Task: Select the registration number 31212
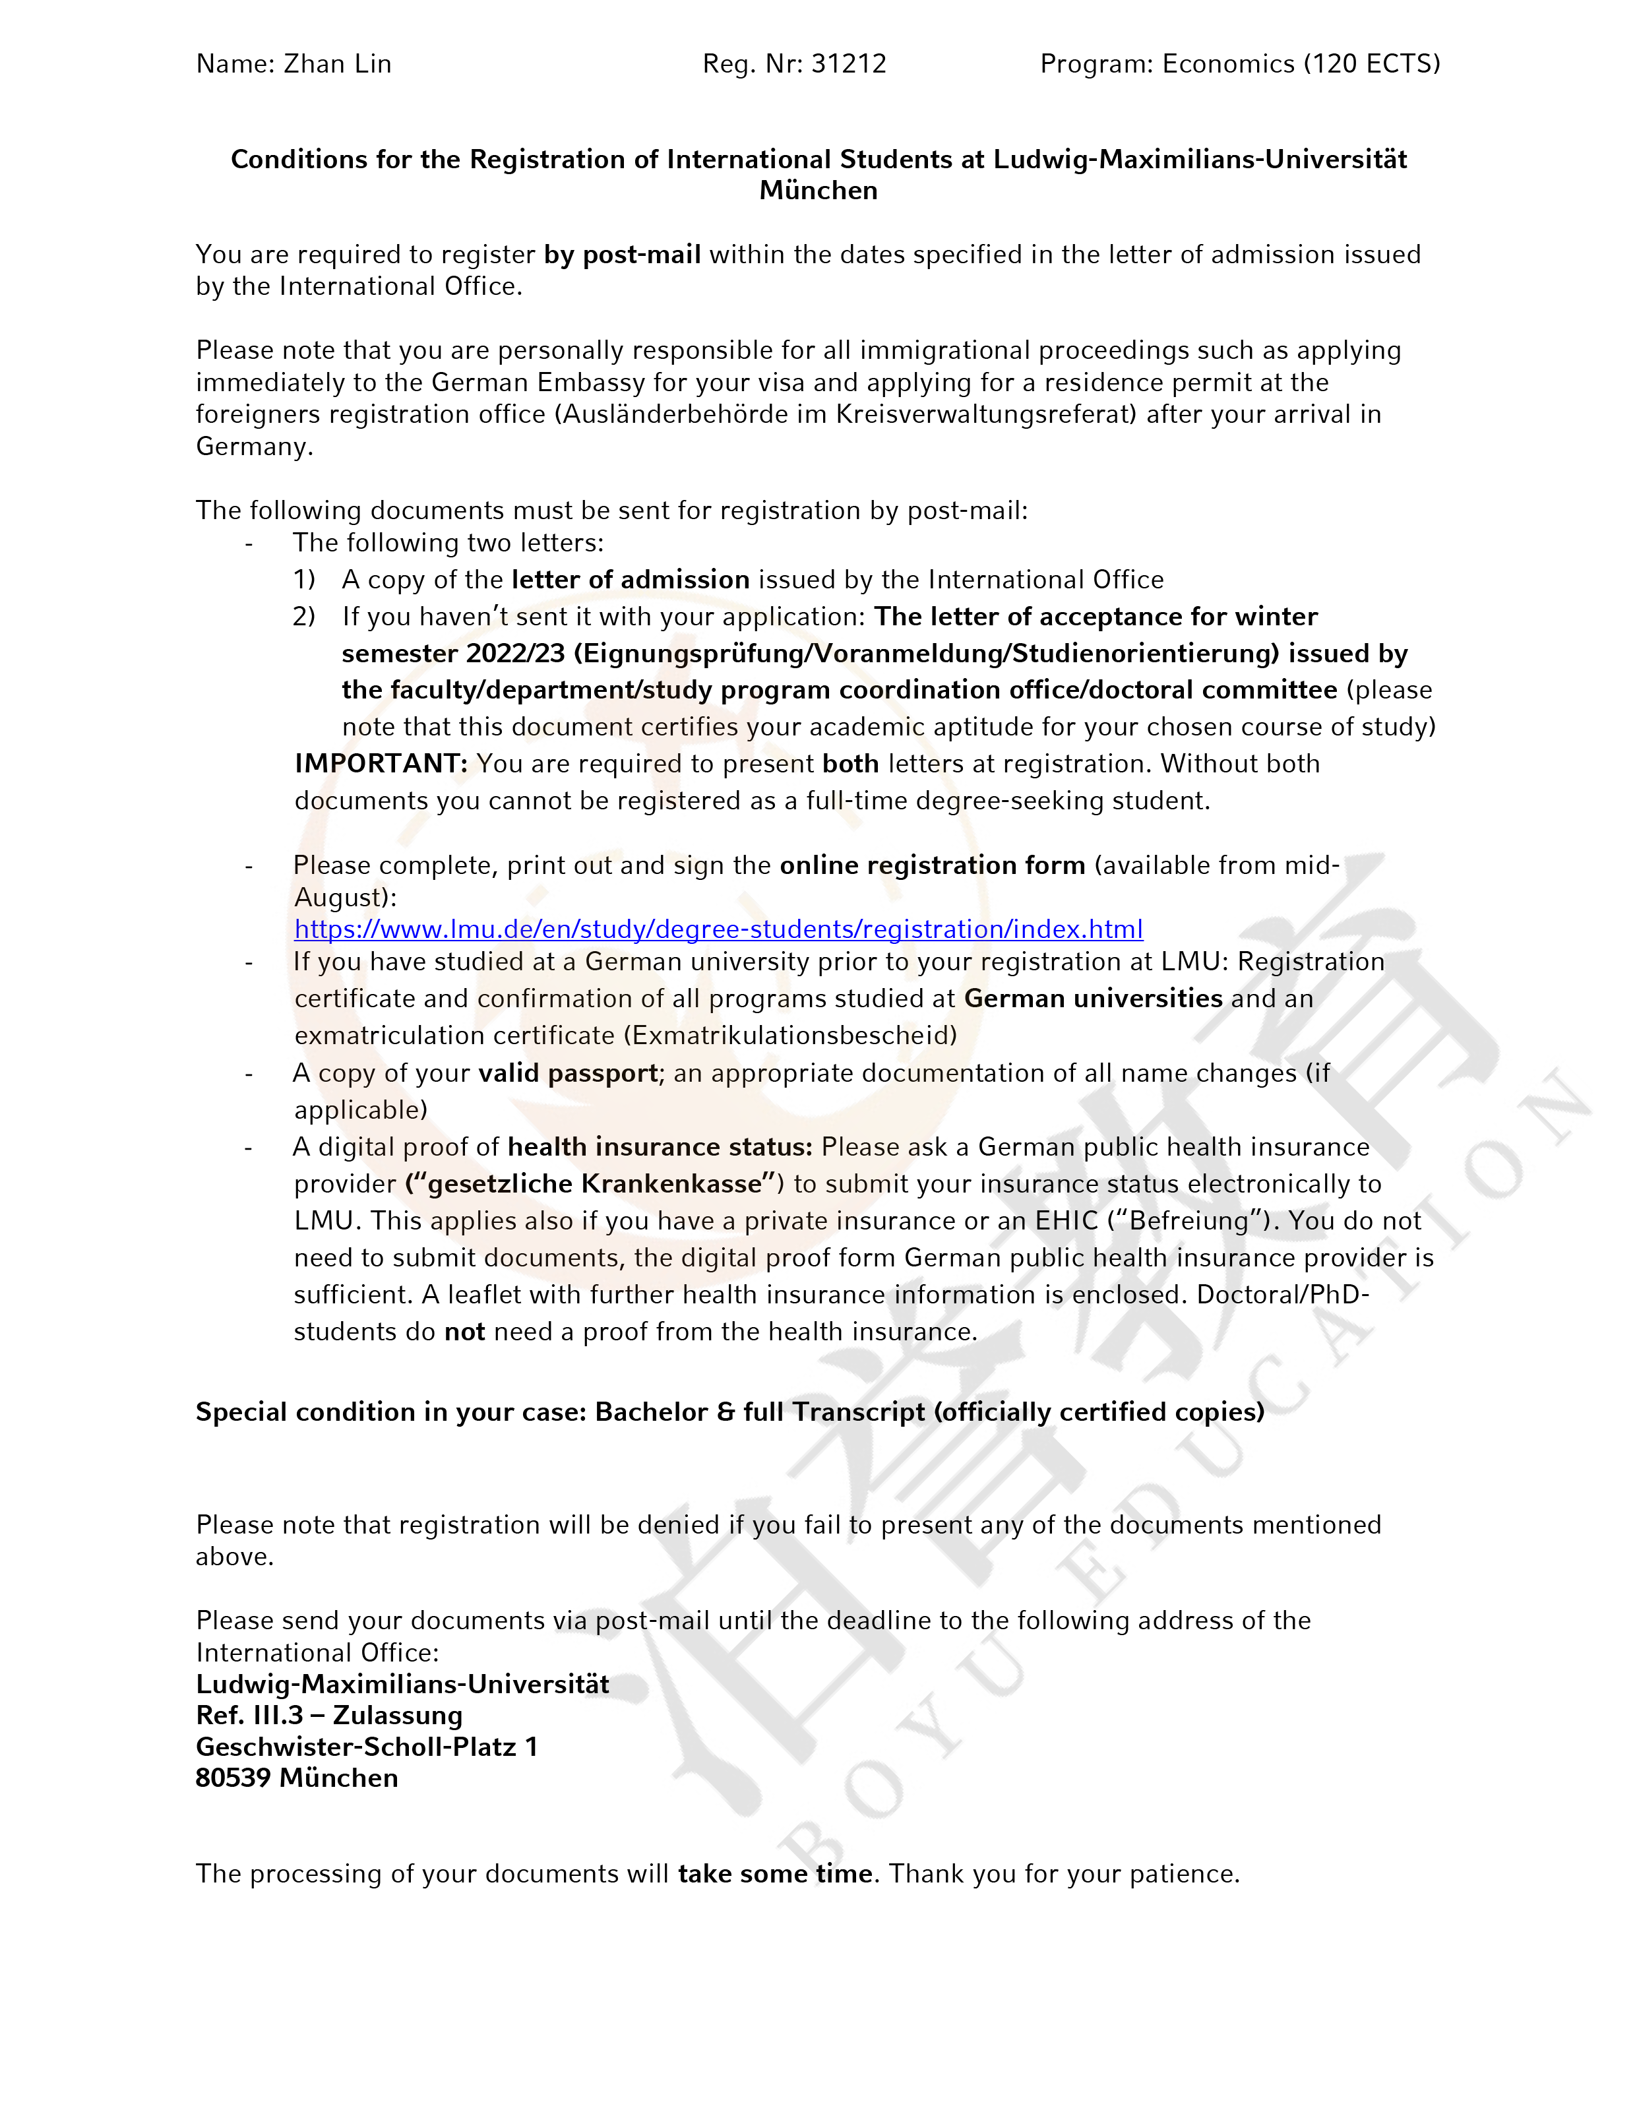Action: click(849, 64)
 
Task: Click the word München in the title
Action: click(818, 191)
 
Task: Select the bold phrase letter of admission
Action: click(631, 580)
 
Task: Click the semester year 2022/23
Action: click(515, 654)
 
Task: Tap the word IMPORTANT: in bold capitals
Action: click(381, 764)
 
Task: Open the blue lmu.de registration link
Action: click(718, 929)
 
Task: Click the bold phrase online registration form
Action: click(932, 865)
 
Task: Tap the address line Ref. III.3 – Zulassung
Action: click(329, 1715)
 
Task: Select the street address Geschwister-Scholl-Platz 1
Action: click(366, 1747)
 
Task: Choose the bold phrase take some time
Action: click(776, 1874)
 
